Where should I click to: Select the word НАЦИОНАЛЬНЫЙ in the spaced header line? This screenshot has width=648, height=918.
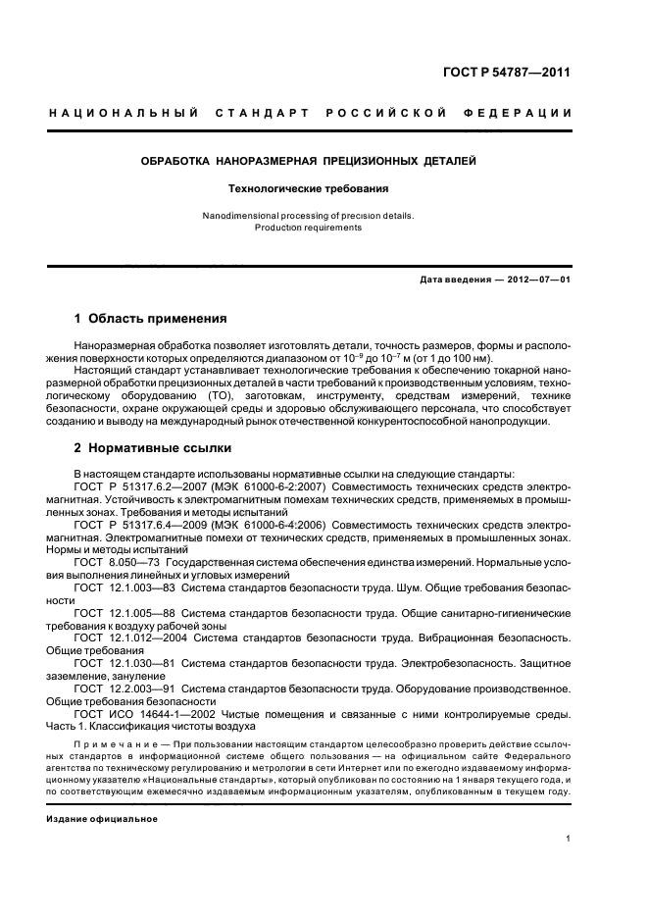(125, 112)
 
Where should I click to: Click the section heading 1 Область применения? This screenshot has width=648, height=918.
(151, 319)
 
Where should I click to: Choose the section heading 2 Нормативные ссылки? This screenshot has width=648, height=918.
(153, 448)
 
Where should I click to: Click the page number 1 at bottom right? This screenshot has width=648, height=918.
(569, 839)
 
